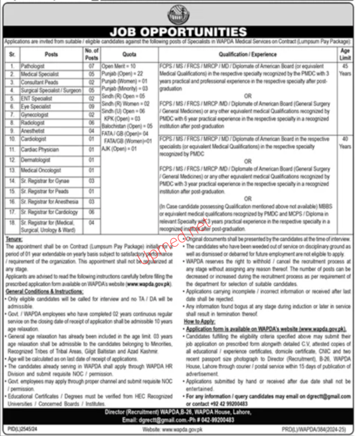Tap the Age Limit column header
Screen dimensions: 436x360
point(345,54)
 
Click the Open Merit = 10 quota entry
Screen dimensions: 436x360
point(116,65)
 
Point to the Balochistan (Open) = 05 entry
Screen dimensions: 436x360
point(119,124)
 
